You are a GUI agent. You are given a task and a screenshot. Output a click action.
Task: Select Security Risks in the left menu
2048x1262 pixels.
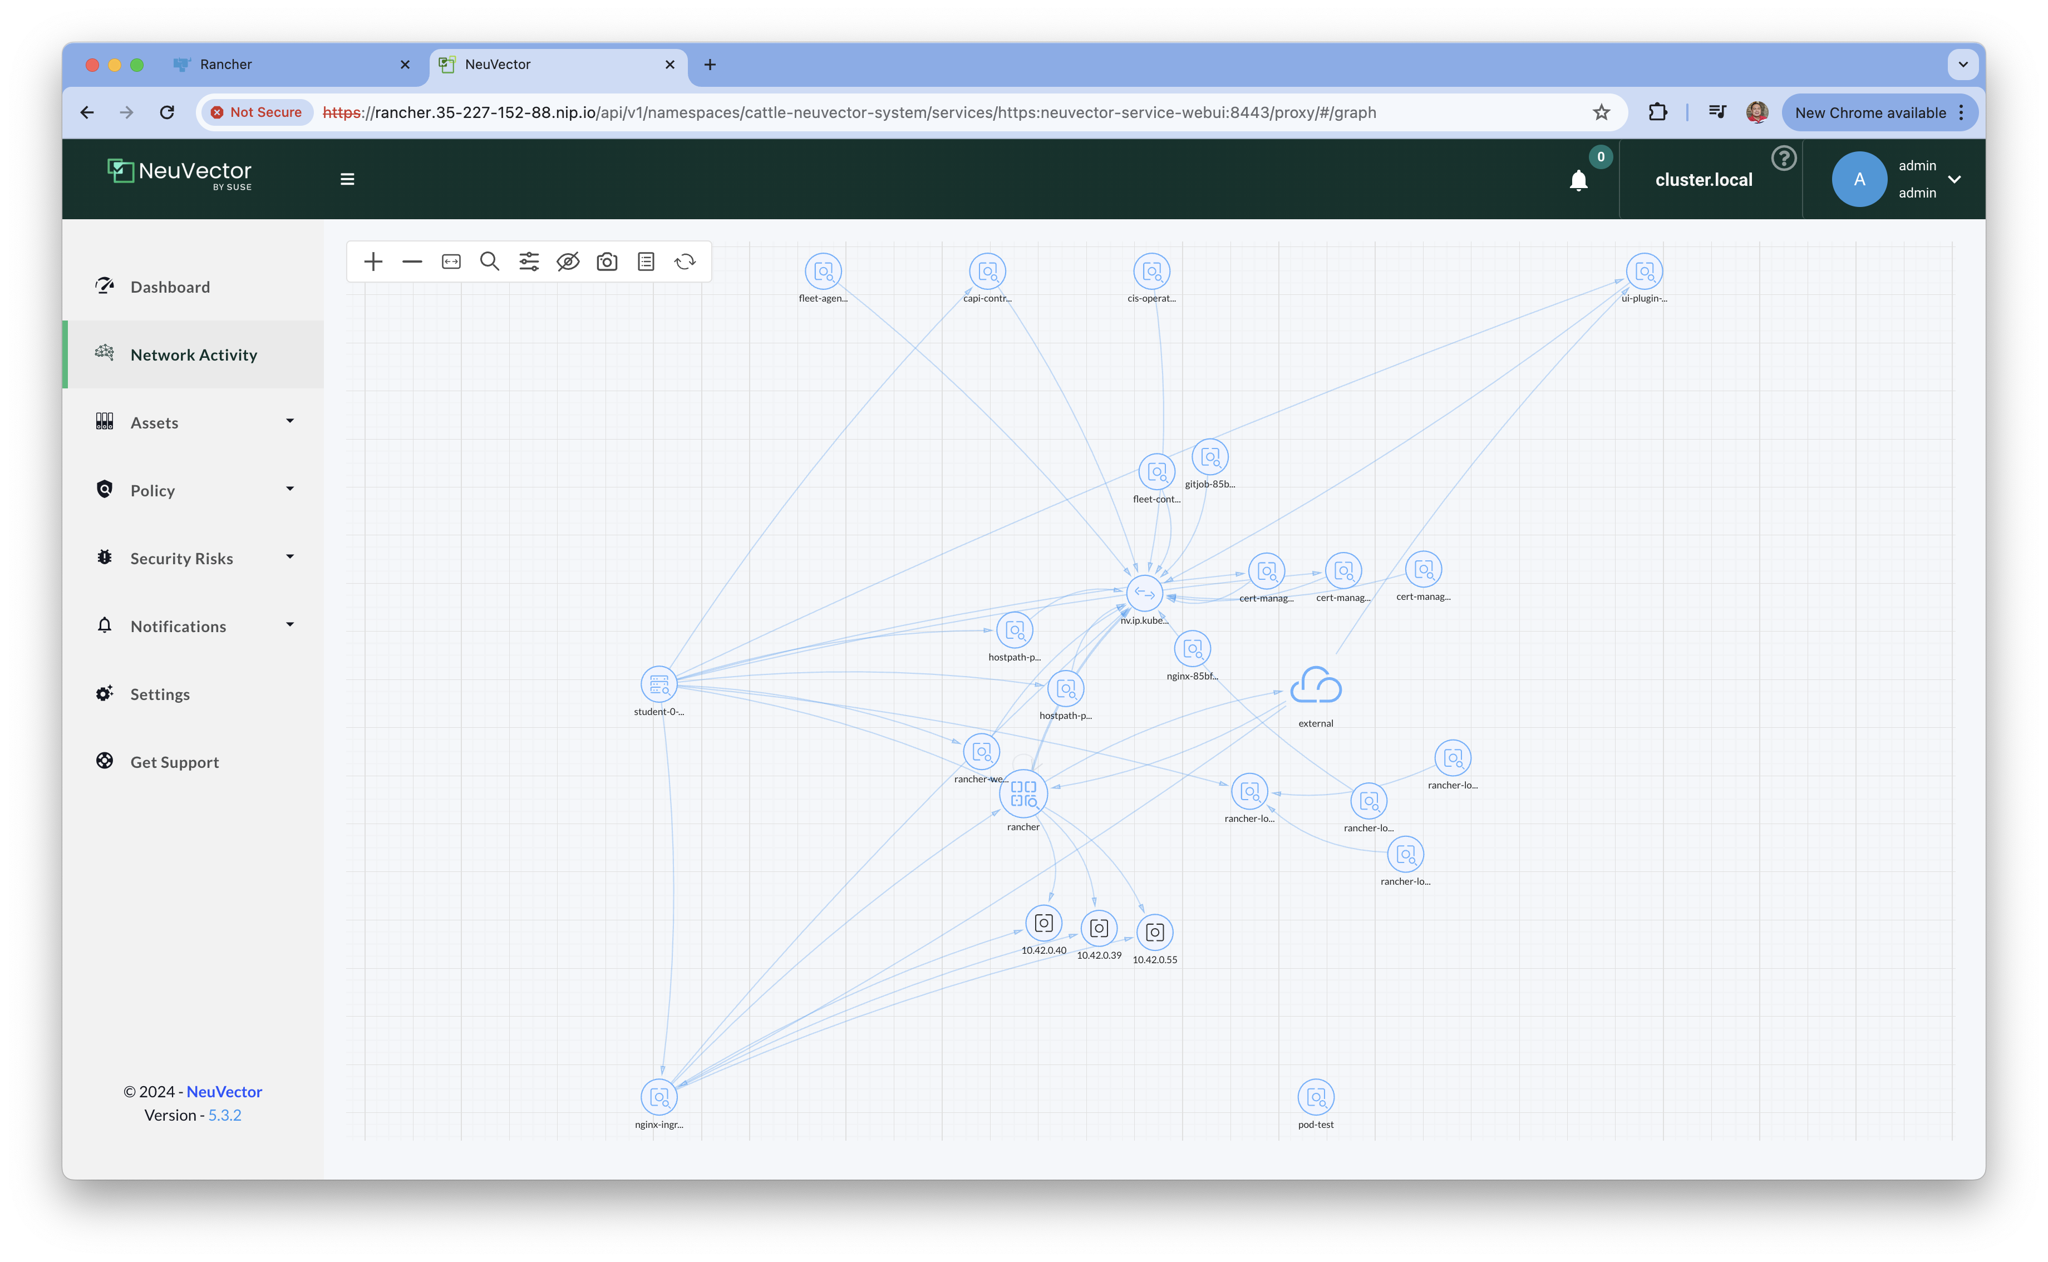(x=181, y=559)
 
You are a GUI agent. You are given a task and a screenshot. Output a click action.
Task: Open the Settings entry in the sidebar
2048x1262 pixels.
(x=159, y=694)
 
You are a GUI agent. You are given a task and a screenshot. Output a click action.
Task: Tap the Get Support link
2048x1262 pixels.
(x=174, y=762)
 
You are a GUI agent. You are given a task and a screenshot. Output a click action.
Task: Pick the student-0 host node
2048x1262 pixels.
(x=658, y=684)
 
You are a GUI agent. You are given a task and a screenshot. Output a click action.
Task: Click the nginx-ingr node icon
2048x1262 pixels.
(x=658, y=1097)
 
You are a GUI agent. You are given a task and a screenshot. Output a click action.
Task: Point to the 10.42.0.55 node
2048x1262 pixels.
(x=1155, y=933)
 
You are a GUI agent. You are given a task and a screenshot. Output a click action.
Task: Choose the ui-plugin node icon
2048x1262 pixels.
(x=1644, y=272)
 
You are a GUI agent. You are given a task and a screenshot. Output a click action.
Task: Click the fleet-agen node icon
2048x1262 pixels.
(x=823, y=272)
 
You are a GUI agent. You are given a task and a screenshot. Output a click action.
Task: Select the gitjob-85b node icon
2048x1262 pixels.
(x=1210, y=456)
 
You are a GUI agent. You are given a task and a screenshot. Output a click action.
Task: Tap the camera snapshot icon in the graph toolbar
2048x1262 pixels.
(x=607, y=262)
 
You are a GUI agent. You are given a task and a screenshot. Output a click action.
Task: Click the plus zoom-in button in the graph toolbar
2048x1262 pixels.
(x=373, y=262)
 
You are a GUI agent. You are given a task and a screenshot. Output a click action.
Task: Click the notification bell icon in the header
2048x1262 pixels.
(x=1578, y=180)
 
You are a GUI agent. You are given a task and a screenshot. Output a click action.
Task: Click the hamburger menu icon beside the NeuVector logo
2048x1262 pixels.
(x=347, y=179)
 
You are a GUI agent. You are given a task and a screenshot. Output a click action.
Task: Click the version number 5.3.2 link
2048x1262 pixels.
(x=224, y=1115)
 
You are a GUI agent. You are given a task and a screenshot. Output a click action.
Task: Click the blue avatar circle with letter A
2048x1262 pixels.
(x=1859, y=179)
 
